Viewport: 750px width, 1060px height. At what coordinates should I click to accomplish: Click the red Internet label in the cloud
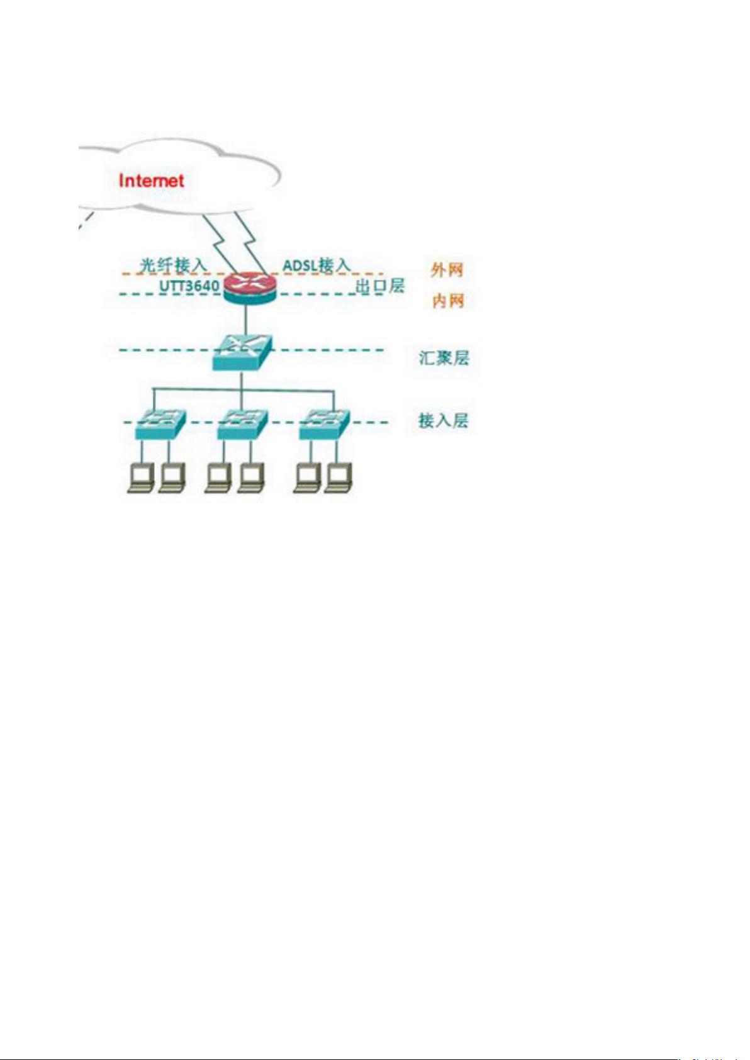(x=151, y=181)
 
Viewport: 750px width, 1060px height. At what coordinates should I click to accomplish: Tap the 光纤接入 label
(x=174, y=265)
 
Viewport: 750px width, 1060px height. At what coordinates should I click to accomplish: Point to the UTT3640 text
(x=189, y=286)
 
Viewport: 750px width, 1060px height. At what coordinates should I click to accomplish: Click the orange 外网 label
(x=447, y=271)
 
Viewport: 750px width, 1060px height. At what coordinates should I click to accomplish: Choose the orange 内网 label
(x=447, y=301)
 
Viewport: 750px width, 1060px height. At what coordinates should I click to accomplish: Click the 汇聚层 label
(x=444, y=358)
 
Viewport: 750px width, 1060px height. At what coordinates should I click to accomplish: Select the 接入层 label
(x=444, y=420)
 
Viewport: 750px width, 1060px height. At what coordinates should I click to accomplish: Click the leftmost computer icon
(x=142, y=480)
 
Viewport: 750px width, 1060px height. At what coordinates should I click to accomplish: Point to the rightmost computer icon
(x=339, y=480)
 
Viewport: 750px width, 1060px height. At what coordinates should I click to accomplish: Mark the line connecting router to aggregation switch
(x=246, y=320)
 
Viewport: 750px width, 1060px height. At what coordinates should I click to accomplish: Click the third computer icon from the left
(x=219, y=480)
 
